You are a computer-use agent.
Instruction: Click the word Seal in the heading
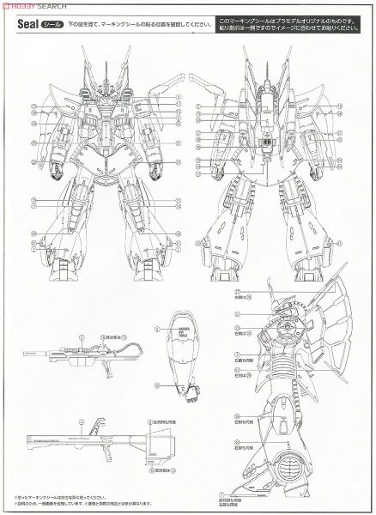pos(21,25)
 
